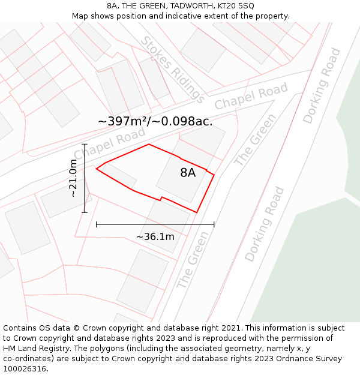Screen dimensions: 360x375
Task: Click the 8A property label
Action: (188, 173)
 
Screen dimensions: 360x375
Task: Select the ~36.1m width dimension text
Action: (155, 236)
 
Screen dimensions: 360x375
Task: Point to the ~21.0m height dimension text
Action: (73, 178)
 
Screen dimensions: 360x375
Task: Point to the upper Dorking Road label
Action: (322, 86)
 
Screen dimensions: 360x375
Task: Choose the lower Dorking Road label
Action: (264, 224)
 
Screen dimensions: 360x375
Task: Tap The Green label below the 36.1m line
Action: (193, 260)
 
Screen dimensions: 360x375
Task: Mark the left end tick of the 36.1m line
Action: (97, 224)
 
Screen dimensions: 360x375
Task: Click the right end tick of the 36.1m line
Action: (214, 224)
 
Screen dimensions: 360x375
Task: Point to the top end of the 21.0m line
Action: (85, 144)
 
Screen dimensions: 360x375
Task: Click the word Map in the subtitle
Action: (81, 16)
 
